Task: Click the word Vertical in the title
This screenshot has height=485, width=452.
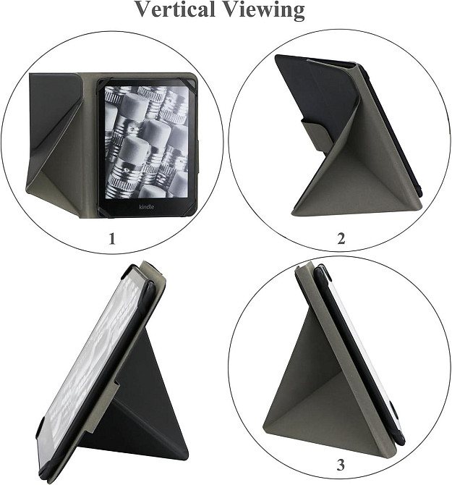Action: tap(175, 9)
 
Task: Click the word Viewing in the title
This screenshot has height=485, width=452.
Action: tap(264, 10)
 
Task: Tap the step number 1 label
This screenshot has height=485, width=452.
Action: tap(112, 239)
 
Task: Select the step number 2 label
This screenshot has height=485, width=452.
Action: tap(341, 238)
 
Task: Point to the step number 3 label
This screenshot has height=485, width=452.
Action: tap(341, 464)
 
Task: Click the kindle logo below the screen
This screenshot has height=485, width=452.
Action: tap(146, 206)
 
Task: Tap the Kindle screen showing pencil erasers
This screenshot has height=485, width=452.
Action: tap(146, 142)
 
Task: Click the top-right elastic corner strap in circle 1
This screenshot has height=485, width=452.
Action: tap(191, 83)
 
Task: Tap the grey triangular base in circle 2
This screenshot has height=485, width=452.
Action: tap(355, 185)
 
